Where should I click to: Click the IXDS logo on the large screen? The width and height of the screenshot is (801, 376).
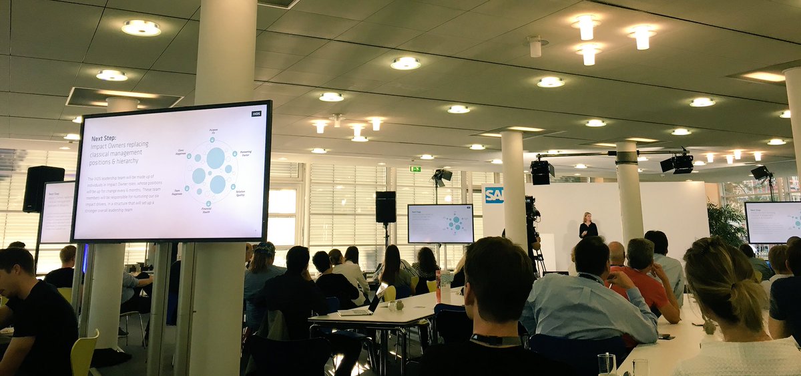point(256,114)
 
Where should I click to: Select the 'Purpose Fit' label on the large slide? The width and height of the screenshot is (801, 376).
point(214,132)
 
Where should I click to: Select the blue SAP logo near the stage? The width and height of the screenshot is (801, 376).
point(494,195)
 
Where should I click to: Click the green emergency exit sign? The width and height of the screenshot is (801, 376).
point(415,169)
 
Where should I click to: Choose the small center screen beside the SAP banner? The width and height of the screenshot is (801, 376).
point(441,224)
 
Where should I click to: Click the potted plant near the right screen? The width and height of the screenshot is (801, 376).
point(727,224)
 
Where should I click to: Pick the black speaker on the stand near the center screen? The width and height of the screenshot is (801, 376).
point(385,206)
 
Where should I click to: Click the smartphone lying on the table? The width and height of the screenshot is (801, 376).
point(666,337)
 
